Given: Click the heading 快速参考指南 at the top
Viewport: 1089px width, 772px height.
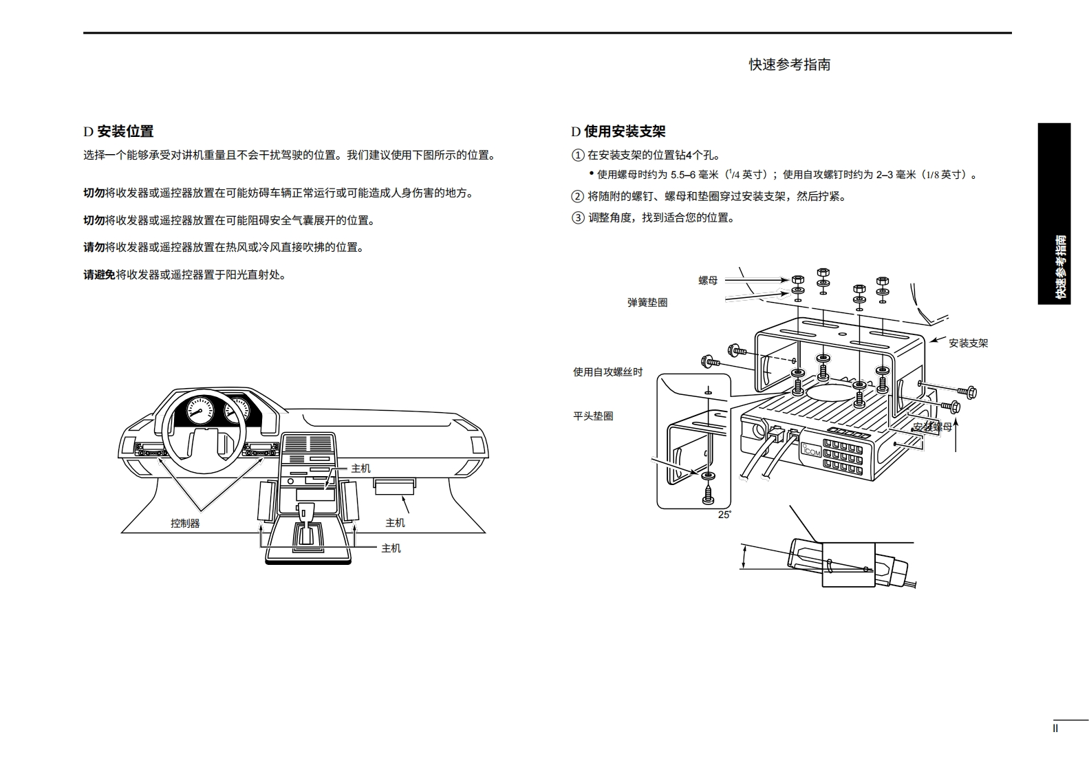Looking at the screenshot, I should pyautogui.click(x=789, y=65).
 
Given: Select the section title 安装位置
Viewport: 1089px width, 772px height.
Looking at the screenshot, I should pyautogui.click(x=125, y=131).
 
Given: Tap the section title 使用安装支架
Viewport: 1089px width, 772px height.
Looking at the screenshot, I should pyautogui.click(x=625, y=131).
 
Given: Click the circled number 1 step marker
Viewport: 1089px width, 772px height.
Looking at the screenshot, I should pyautogui.click(x=577, y=156).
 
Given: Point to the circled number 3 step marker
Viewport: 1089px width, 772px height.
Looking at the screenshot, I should pyautogui.click(x=577, y=218).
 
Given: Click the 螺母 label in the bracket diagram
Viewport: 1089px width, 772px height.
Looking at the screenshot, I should pyautogui.click(x=708, y=280).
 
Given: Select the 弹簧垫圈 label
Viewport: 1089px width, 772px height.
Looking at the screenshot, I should pyautogui.click(x=647, y=302).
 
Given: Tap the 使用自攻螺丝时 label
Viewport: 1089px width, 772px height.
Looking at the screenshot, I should pyautogui.click(x=607, y=372).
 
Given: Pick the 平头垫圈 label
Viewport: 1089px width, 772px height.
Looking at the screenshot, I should pyautogui.click(x=593, y=416).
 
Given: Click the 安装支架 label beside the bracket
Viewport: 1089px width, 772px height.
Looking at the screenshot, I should pyautogui.click(x=968, y=343).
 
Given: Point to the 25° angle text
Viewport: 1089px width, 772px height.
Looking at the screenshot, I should pyautogui.click(x=724, y=515).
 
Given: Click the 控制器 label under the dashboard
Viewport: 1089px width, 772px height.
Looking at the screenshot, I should pyautogui.click(x=185, y=523).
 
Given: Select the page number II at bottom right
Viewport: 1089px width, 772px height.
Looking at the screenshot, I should pyautogui.click(x=1055, y=728).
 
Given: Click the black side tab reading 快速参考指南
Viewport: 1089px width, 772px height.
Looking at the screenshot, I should pyautogui.click(x=1054, y=213).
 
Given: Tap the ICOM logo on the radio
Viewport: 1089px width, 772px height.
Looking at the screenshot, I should pyautogui.click(x=812, y=452).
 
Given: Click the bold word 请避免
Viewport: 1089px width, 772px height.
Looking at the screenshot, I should pyautogui.click(x=99, y=275).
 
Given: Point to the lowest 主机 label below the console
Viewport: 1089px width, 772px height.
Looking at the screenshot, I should pyautogui.click(x=391, y=548).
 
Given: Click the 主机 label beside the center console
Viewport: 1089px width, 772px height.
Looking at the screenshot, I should pyautogui.click(x=360, y=468).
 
